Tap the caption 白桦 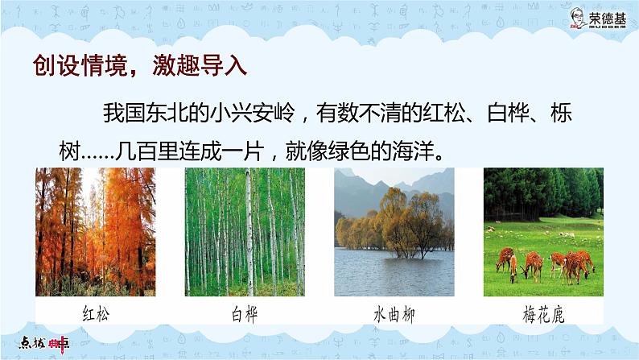point(243,313)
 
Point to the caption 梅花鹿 point(542,313)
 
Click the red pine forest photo point(96,231)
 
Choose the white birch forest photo point(245,231)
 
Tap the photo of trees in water point(394,231)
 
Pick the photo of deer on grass point(542,231)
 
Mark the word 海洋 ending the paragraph point(418,151)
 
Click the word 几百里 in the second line point(164,151)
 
